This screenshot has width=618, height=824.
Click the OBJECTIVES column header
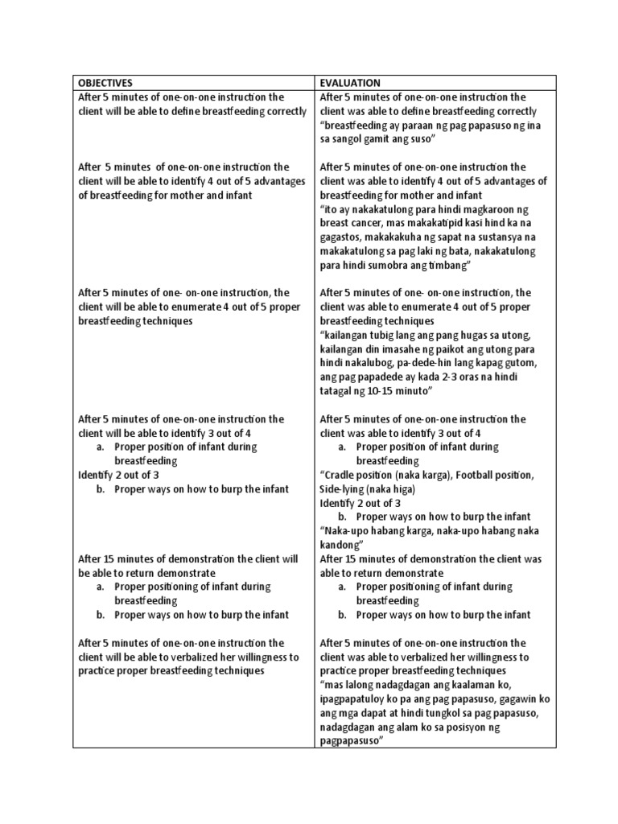click(105, 83)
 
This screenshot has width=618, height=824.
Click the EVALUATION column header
click(350, 83)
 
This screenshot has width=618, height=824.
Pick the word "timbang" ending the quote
click(445, 265)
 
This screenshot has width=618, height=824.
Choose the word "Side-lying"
click(344, 488)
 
